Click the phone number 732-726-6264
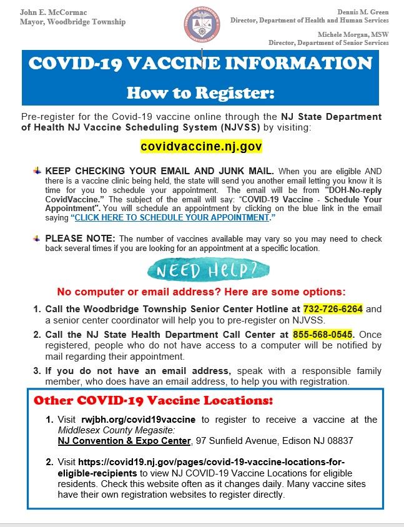333,309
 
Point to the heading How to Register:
200,93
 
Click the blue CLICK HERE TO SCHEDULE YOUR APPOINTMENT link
172,217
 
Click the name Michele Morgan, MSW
353,34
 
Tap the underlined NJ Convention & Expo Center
123,441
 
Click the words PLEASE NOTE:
80,238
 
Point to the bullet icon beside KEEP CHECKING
37,170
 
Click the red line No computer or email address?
202,292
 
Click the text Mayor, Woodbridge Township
72,22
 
